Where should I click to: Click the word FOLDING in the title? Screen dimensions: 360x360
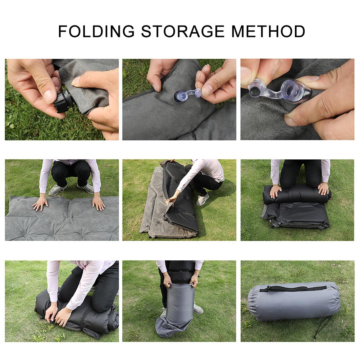pyautogui.click(x=96, y=31)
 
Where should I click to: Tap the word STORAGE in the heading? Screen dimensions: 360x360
pyautogui.click(x=183, y=31)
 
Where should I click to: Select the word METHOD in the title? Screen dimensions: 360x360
pyautogui.click(x=268, y=31)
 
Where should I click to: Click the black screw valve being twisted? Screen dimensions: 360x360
pyautogui.click(x=64, y=102)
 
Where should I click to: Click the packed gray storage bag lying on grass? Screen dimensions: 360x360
pyautogui.click(x=293, y=302)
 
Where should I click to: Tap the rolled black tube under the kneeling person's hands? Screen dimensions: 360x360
pyautogui.click(x=297, y=194)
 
